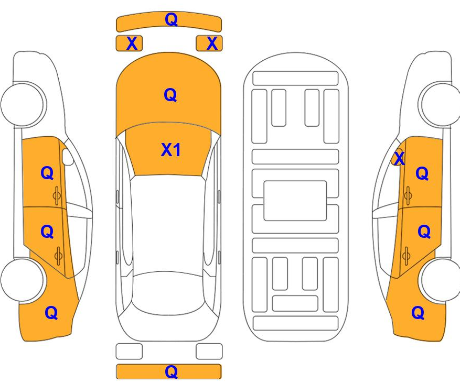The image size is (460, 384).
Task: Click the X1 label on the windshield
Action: tap(171, 150)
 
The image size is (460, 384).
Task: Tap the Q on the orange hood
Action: tap(170, 95)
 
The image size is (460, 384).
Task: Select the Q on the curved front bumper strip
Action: tap(172, 19)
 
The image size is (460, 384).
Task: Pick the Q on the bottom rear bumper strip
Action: tap(172, 372)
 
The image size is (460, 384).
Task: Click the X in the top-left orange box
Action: tap(132, 43)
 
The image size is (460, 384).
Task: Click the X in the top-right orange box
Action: tap(212, 43)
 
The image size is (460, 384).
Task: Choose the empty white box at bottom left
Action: tap(129, 351)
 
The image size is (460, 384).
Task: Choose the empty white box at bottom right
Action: tap(209, 351)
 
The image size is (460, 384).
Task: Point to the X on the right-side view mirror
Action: tap(399, 158)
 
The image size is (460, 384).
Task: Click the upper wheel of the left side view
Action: tap(24, 105)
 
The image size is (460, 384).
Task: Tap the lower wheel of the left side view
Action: tap(23, 280)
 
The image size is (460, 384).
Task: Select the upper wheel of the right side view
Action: tap(439, 105)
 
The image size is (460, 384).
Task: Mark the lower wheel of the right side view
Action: tap(440, 280)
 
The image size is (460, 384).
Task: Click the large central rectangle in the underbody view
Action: tap(295, 201)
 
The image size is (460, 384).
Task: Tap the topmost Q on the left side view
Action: tap(47, 173)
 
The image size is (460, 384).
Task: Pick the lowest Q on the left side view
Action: tap(51, 313)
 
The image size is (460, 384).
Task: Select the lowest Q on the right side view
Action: tap(418, 313)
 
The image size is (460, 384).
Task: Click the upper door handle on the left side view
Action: tap(57, 195)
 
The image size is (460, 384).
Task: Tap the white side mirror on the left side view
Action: tap(68, 157)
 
